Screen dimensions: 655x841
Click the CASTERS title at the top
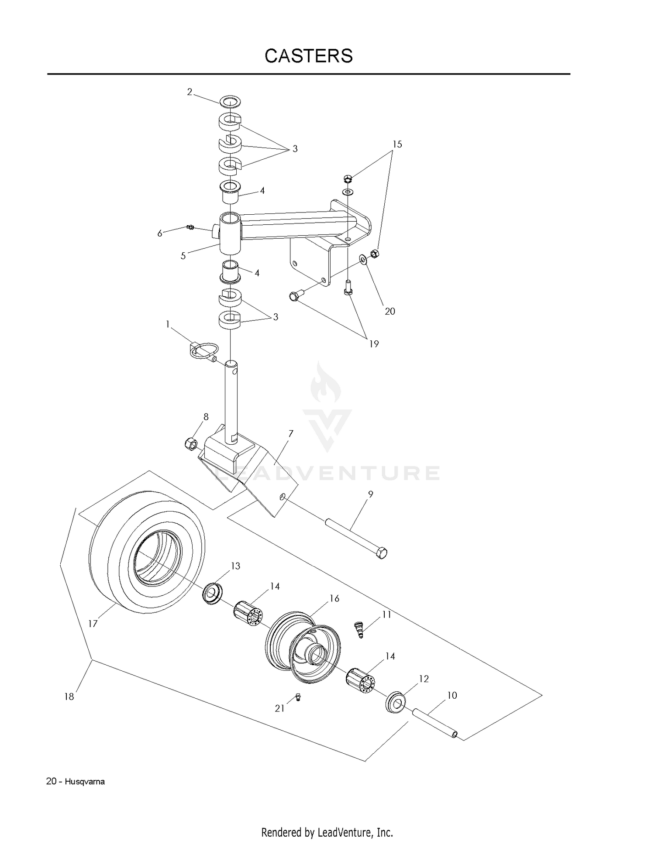click(309, 56)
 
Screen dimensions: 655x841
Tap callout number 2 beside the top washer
click(190, 92)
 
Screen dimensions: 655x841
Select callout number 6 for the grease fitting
click(160, 233)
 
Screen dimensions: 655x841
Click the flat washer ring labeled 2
click(231, 102)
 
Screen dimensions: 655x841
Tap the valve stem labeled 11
click(359, 629)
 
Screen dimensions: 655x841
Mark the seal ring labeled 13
click(213, 593)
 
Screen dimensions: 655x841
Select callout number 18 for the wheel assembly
click(69, 697)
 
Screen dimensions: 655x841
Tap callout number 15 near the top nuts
click(397, 144)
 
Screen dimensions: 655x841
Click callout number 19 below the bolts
click(374, 344)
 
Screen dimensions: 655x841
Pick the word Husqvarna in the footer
click(85, 782)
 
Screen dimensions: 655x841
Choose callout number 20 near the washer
click(390, 311)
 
